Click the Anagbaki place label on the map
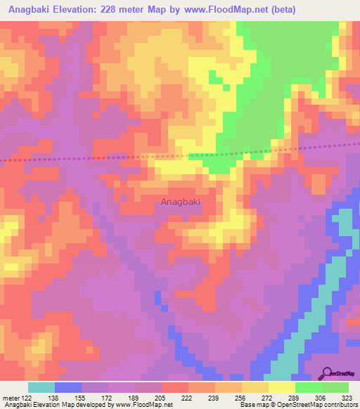(x=181, y=202)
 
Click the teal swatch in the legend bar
(x=41, y=387)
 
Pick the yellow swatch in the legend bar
(x=282, y=387)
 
